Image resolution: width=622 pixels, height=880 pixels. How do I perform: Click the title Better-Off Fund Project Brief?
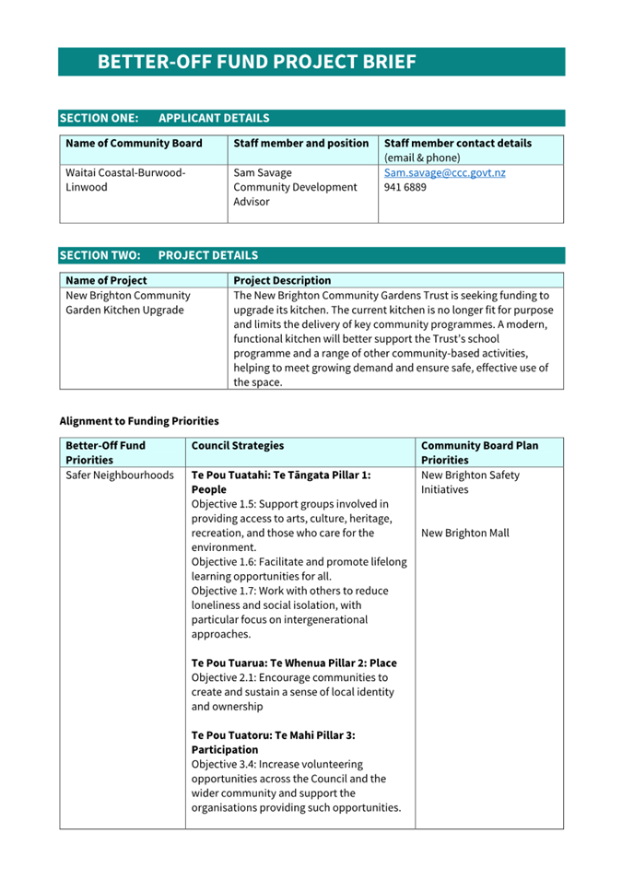(257, 62)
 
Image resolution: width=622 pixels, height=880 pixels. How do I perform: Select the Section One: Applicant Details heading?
(165, 118)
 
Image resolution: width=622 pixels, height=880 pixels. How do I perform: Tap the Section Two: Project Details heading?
(158, 255)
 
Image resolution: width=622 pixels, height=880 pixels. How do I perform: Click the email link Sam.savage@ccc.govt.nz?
(444, 172)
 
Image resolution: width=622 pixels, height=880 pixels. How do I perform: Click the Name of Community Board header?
(134, 144)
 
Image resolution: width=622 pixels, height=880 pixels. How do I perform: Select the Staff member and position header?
(300, 144)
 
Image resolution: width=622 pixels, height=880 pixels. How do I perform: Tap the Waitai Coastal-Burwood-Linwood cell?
(125, 180)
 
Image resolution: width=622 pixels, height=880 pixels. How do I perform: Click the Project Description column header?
(282, 280)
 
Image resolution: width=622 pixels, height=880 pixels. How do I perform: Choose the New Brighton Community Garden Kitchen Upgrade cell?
(128, 302)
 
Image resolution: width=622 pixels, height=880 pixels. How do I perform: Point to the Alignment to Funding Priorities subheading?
(139, 421)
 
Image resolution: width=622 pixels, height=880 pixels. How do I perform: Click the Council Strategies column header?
(238, 446)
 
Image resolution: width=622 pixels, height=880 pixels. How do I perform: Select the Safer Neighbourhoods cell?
(120, 475)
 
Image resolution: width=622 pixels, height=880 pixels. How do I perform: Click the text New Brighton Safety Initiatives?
(470, 482)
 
